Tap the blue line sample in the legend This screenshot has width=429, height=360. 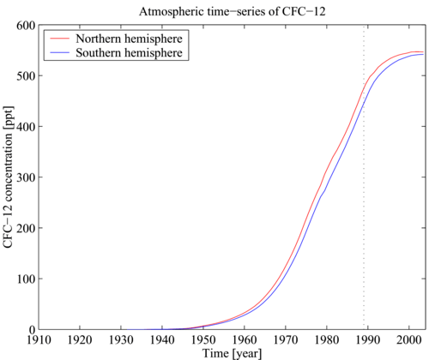59,53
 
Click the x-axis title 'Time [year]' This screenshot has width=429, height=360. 232,352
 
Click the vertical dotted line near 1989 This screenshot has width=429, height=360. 364,214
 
